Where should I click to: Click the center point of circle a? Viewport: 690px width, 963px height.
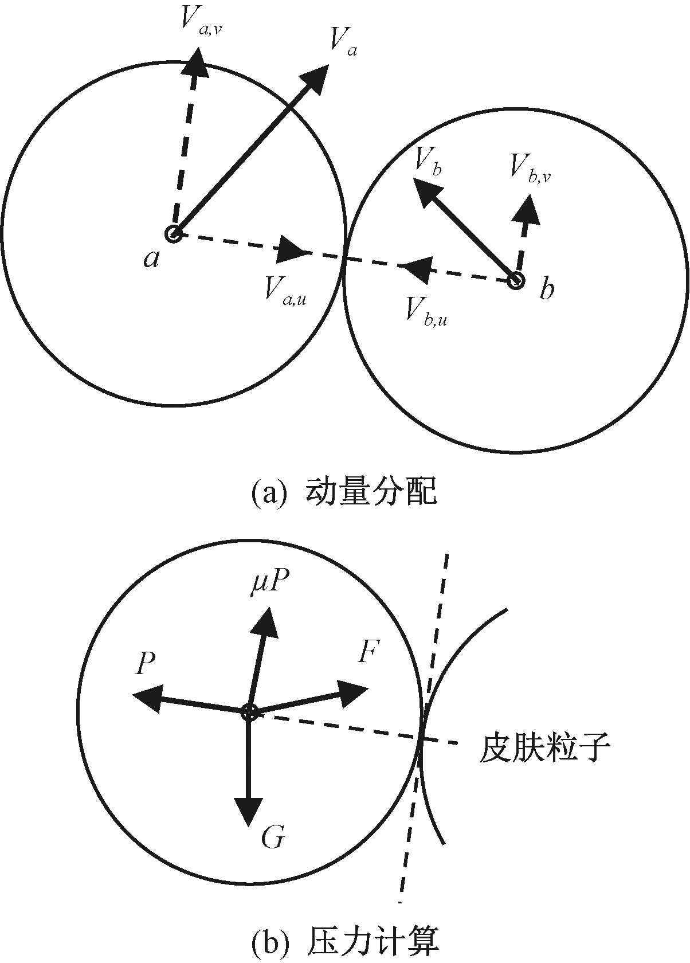point(174,234)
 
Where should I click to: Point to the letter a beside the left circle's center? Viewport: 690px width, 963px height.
point(151,259)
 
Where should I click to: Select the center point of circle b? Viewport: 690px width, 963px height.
point(516,280)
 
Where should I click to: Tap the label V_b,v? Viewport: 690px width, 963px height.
point(530,170)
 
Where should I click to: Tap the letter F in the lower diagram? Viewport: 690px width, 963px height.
point(368,652)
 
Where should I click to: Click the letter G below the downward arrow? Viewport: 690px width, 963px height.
point(272,838)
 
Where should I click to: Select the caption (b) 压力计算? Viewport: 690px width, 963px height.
point(344,942)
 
